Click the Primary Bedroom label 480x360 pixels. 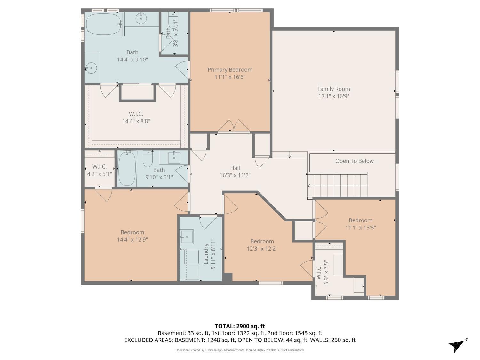tap(230, 70)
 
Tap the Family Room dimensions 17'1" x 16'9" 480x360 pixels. tap(333, 96)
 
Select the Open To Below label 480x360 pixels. tap(354, 161)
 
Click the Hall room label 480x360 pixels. tap(235, 168)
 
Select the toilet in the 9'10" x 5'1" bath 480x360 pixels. tap(148, 159)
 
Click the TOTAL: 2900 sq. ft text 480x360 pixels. tap(240, 326)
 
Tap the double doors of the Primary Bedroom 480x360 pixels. tap(234, 126)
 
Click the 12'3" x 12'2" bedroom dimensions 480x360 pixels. tap(262, 249)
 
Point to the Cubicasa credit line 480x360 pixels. tap(240, 350)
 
